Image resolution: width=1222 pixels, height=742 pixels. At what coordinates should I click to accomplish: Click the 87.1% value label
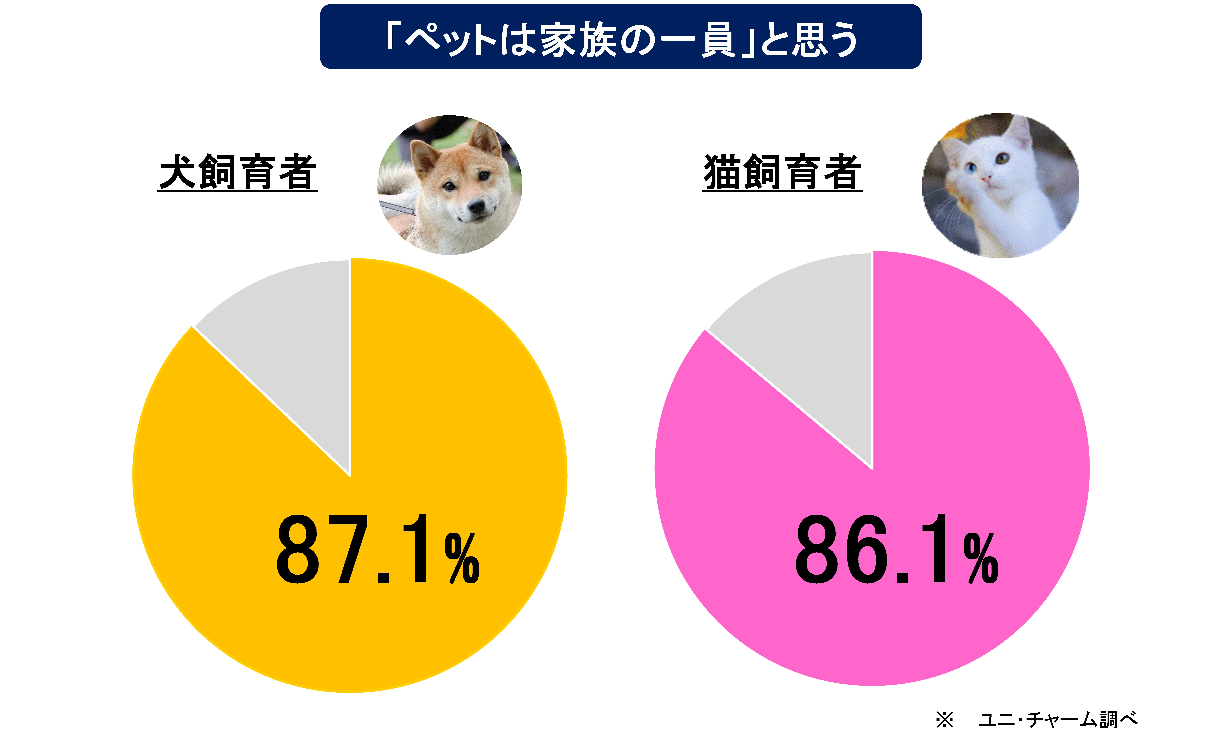tap(377, 550)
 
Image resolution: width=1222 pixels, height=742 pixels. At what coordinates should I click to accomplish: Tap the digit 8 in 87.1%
tap(297, 550)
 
